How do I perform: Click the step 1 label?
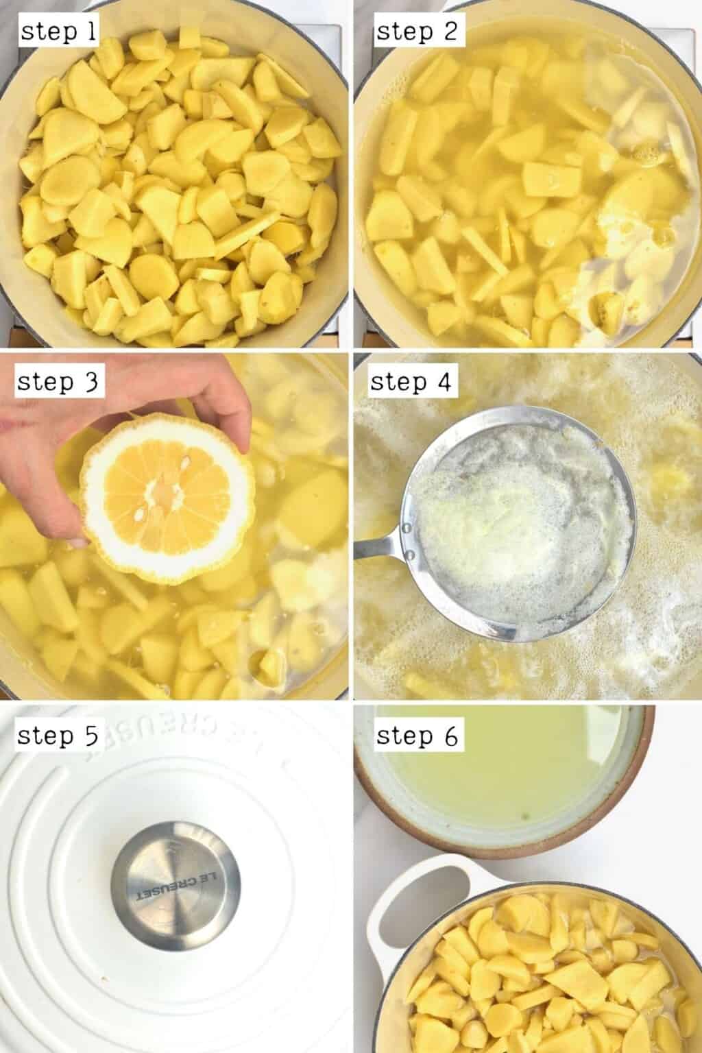coord(59,32)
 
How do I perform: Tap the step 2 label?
coord(417,32)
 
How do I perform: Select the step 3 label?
coord(59,382)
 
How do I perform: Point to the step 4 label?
coord(411,382)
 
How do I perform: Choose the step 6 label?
coord(417,736)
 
